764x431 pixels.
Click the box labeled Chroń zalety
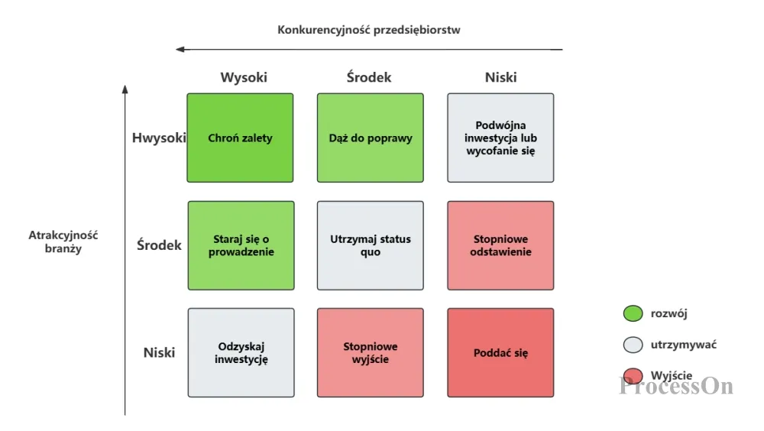[240, 138]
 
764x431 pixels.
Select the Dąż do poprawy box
[371, 138]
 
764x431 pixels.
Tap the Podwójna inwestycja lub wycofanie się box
[500, 138]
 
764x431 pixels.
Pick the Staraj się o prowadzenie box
[241, 245]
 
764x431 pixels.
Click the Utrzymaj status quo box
[371, 245]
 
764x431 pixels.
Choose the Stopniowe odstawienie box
[500, 245]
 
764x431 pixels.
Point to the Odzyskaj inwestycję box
[241, 352]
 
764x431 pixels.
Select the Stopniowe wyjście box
[371, 352]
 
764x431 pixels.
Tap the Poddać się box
[500, 352]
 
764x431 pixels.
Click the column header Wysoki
[244, 77]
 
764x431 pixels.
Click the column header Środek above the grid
[369, 77]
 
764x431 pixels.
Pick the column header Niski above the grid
[501, 77]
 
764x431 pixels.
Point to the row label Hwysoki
[159, 138]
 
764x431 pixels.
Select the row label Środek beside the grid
[159, 245]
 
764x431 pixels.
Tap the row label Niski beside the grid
[159, 352]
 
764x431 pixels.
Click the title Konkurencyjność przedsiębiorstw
[369, 30]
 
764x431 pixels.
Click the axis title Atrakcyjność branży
[63, 241]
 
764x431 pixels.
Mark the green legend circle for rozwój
[633, 313]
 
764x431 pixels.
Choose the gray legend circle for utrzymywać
[633, 345]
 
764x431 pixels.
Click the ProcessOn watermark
[676, 386]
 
